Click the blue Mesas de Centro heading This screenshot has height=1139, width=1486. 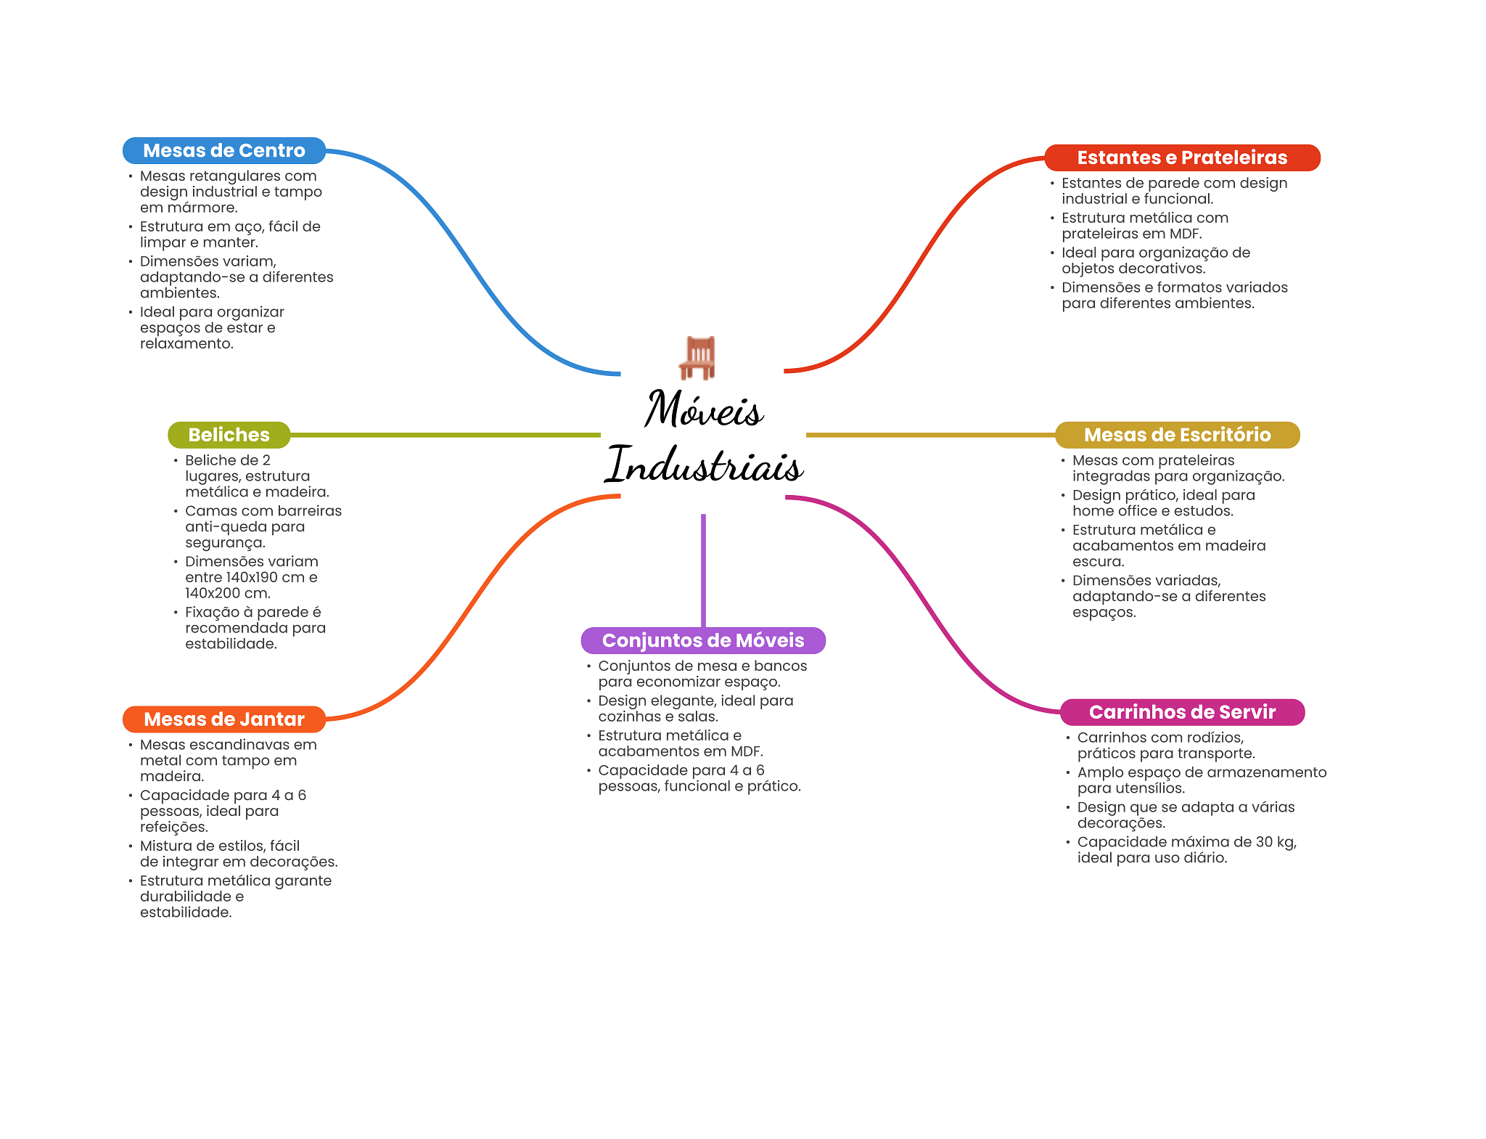pyautogui.click(x=223, y=150)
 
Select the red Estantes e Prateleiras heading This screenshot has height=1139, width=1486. pyautogui.click(x=1181, y=158)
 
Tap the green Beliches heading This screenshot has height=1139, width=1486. pyautogui.click(x=229, y=435)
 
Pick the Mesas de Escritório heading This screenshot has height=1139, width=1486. pyautogui.click(x=1177, y=435)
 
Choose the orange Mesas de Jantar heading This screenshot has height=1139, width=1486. pyautogui.click(x=223, y=719)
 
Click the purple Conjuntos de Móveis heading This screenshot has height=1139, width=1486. pyautogui.click(x=703, y=640)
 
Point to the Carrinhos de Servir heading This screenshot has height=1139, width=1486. pyautogui.click(x=1182, y=712)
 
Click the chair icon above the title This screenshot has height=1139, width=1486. pyautogui.click(x=698, y=357)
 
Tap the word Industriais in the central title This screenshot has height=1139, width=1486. pyautogui.click(x=704, y=465)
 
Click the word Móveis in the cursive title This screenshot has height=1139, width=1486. pyautogui.click(x=704, y=409)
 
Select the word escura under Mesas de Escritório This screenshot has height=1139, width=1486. pyautogui.click(x=1098, y=562)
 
